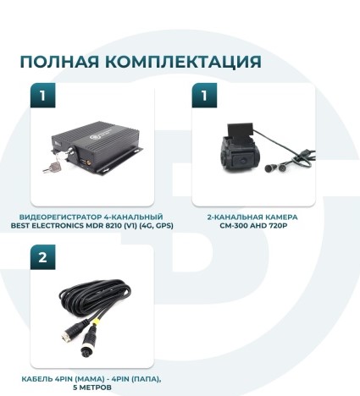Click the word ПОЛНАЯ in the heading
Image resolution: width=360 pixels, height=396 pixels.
(58, 62)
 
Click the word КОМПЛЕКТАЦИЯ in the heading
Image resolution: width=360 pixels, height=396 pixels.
(180, 62)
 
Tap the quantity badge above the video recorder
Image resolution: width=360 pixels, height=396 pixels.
(42, 96)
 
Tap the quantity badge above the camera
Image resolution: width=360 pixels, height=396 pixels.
(203, 96)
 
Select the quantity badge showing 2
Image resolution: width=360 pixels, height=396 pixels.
(42, 257)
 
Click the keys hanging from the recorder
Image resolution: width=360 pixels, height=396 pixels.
(47, 168)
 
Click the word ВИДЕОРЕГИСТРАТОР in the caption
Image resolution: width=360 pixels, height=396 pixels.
(64, 217)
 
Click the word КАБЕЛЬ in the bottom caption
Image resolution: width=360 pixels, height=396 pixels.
(39, 379)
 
